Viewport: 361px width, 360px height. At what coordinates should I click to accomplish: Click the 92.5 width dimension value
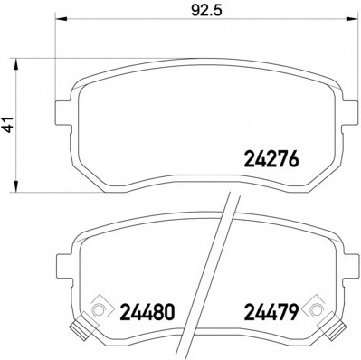tap(206, 10)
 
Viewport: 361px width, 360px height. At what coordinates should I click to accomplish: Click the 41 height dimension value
tap(9, 124)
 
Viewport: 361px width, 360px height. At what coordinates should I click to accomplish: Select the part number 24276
tap(271, 159)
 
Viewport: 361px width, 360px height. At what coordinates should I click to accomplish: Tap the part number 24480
tap(147, 312)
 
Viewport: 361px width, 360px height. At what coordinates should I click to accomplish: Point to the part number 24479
tap(271, 312)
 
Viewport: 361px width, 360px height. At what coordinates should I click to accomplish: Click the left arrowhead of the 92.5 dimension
tap(62, 19)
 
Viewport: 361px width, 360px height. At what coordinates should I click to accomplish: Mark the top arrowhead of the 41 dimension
tap(16, 64)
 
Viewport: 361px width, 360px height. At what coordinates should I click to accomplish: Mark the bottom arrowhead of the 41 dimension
tap(16, 185)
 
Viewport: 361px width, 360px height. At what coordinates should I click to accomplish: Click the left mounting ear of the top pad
tap(64, 113)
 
